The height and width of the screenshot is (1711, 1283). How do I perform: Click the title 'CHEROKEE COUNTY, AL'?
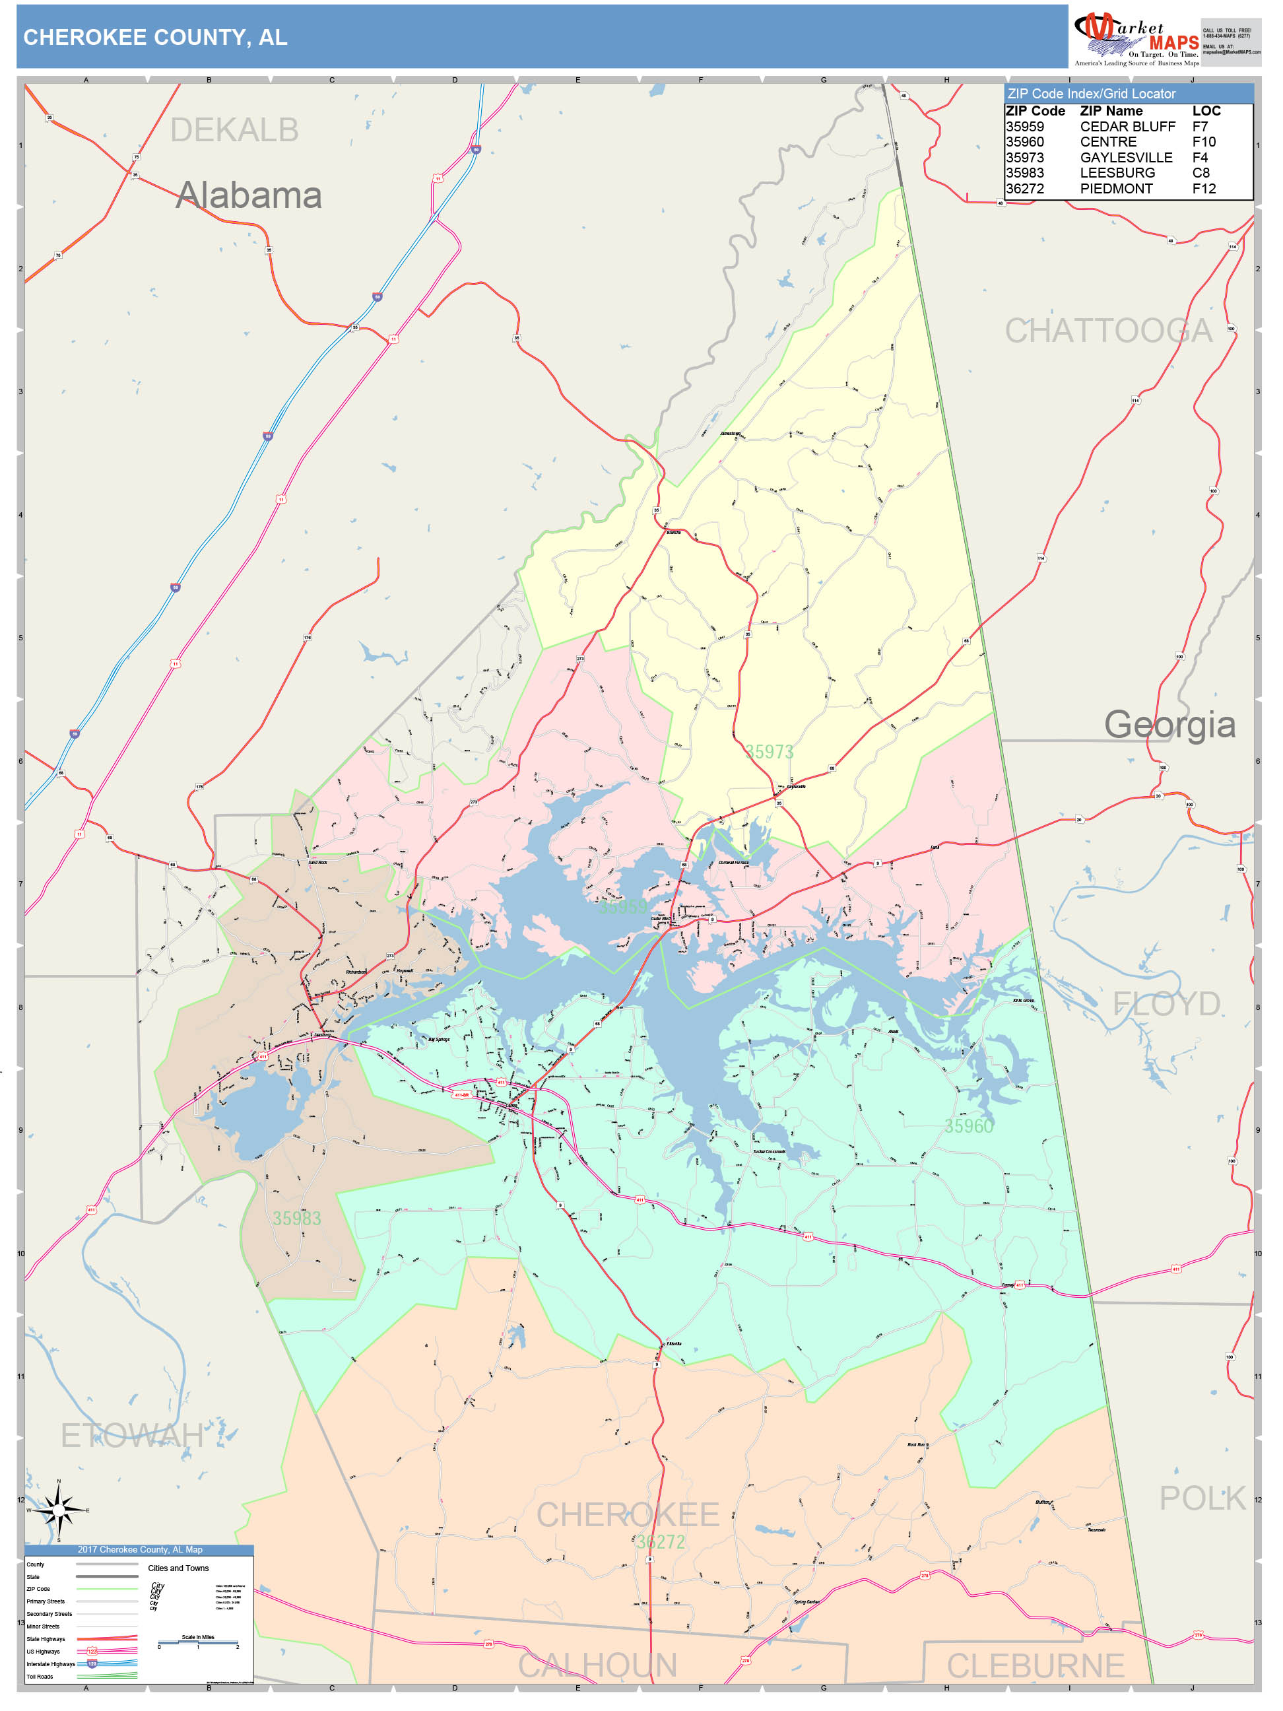(154, 37)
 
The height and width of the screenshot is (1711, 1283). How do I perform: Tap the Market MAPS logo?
(1135, 39)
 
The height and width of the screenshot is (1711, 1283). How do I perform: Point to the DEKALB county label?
(234, 130)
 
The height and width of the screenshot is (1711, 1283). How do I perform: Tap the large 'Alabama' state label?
(248, 195)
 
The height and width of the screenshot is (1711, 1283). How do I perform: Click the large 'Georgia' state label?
(1169, 725)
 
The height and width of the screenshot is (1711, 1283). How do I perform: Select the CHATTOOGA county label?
(1107, 331)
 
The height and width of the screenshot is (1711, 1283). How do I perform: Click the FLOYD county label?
(1166, 1004)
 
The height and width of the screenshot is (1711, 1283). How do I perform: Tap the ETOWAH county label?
(131, 1436)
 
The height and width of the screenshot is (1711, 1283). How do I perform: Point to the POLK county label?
(1201, 1498)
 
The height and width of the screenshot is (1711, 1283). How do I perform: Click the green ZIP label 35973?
(769, 752)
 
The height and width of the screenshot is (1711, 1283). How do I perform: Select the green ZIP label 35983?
(296, 1219)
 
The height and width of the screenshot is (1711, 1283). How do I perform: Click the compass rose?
(59, 1509)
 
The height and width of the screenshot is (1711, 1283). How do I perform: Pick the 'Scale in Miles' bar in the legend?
(198, 1642)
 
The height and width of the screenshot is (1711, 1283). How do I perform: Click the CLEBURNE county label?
(1035, 1665)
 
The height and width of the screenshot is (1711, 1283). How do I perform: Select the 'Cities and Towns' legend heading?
(178, 1568)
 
